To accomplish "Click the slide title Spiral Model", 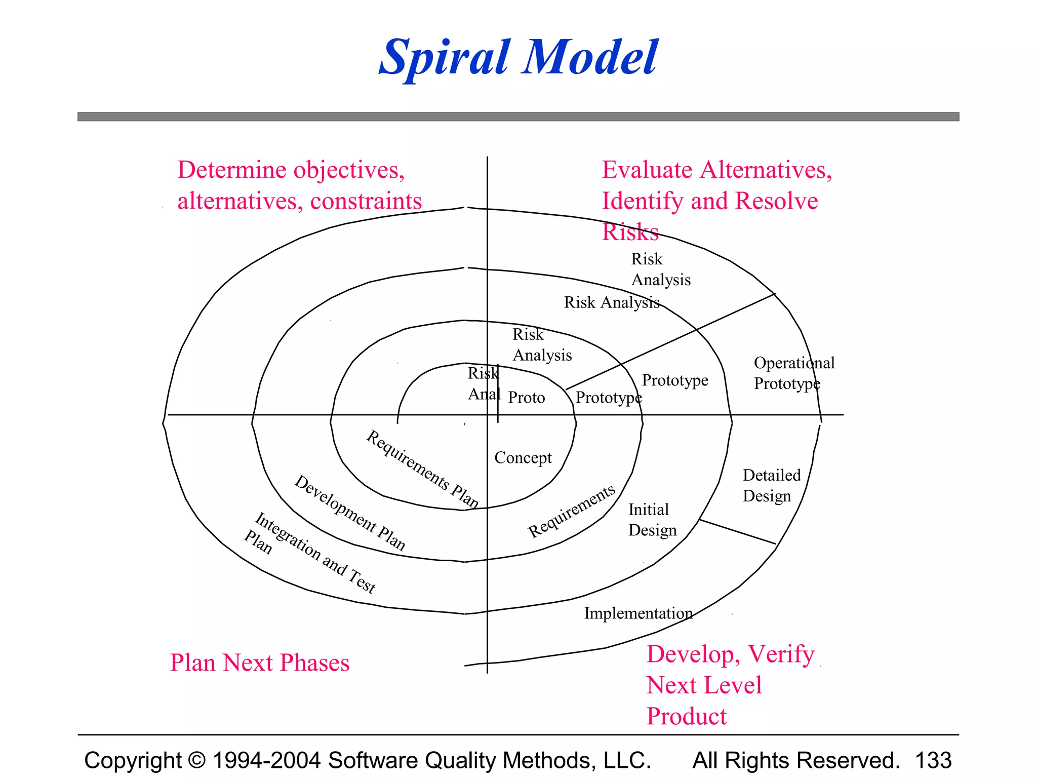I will click(518, 57).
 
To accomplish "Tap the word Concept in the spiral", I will click(523, 457).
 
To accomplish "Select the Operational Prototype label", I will click(793, 373).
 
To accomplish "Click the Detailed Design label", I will click(771, 485).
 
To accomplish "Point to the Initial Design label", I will click(652, 520).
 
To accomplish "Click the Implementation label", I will click(638, 613).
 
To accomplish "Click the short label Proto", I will click(526, 398).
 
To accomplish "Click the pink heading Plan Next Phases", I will click(260, 663).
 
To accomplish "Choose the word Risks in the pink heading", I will click(630, 232).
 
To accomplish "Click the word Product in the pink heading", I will click(686, 716).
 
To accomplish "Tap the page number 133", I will click(933, 760).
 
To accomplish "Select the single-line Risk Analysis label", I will click(612, 302).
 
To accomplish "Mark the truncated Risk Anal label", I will click(484, 383).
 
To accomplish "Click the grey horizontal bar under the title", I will click(518, 116).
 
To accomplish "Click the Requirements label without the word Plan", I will click(572, 511).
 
